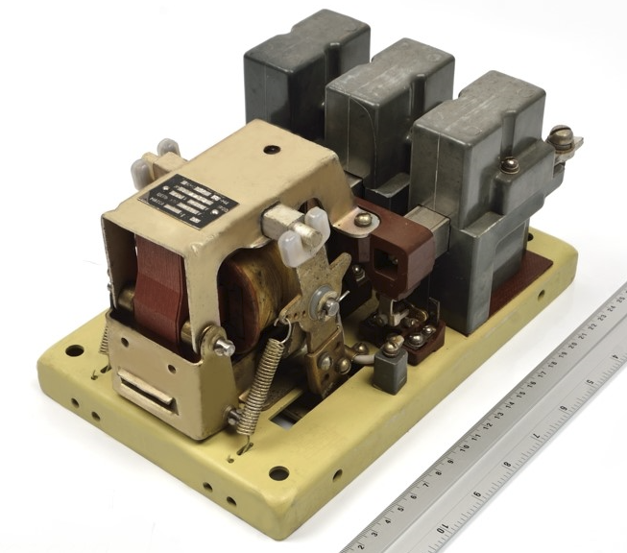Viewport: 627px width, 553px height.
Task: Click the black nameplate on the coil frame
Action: [189, 201]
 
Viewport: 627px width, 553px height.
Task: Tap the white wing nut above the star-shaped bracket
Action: [294, 231]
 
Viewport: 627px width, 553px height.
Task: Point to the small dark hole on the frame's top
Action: [272, 151]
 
